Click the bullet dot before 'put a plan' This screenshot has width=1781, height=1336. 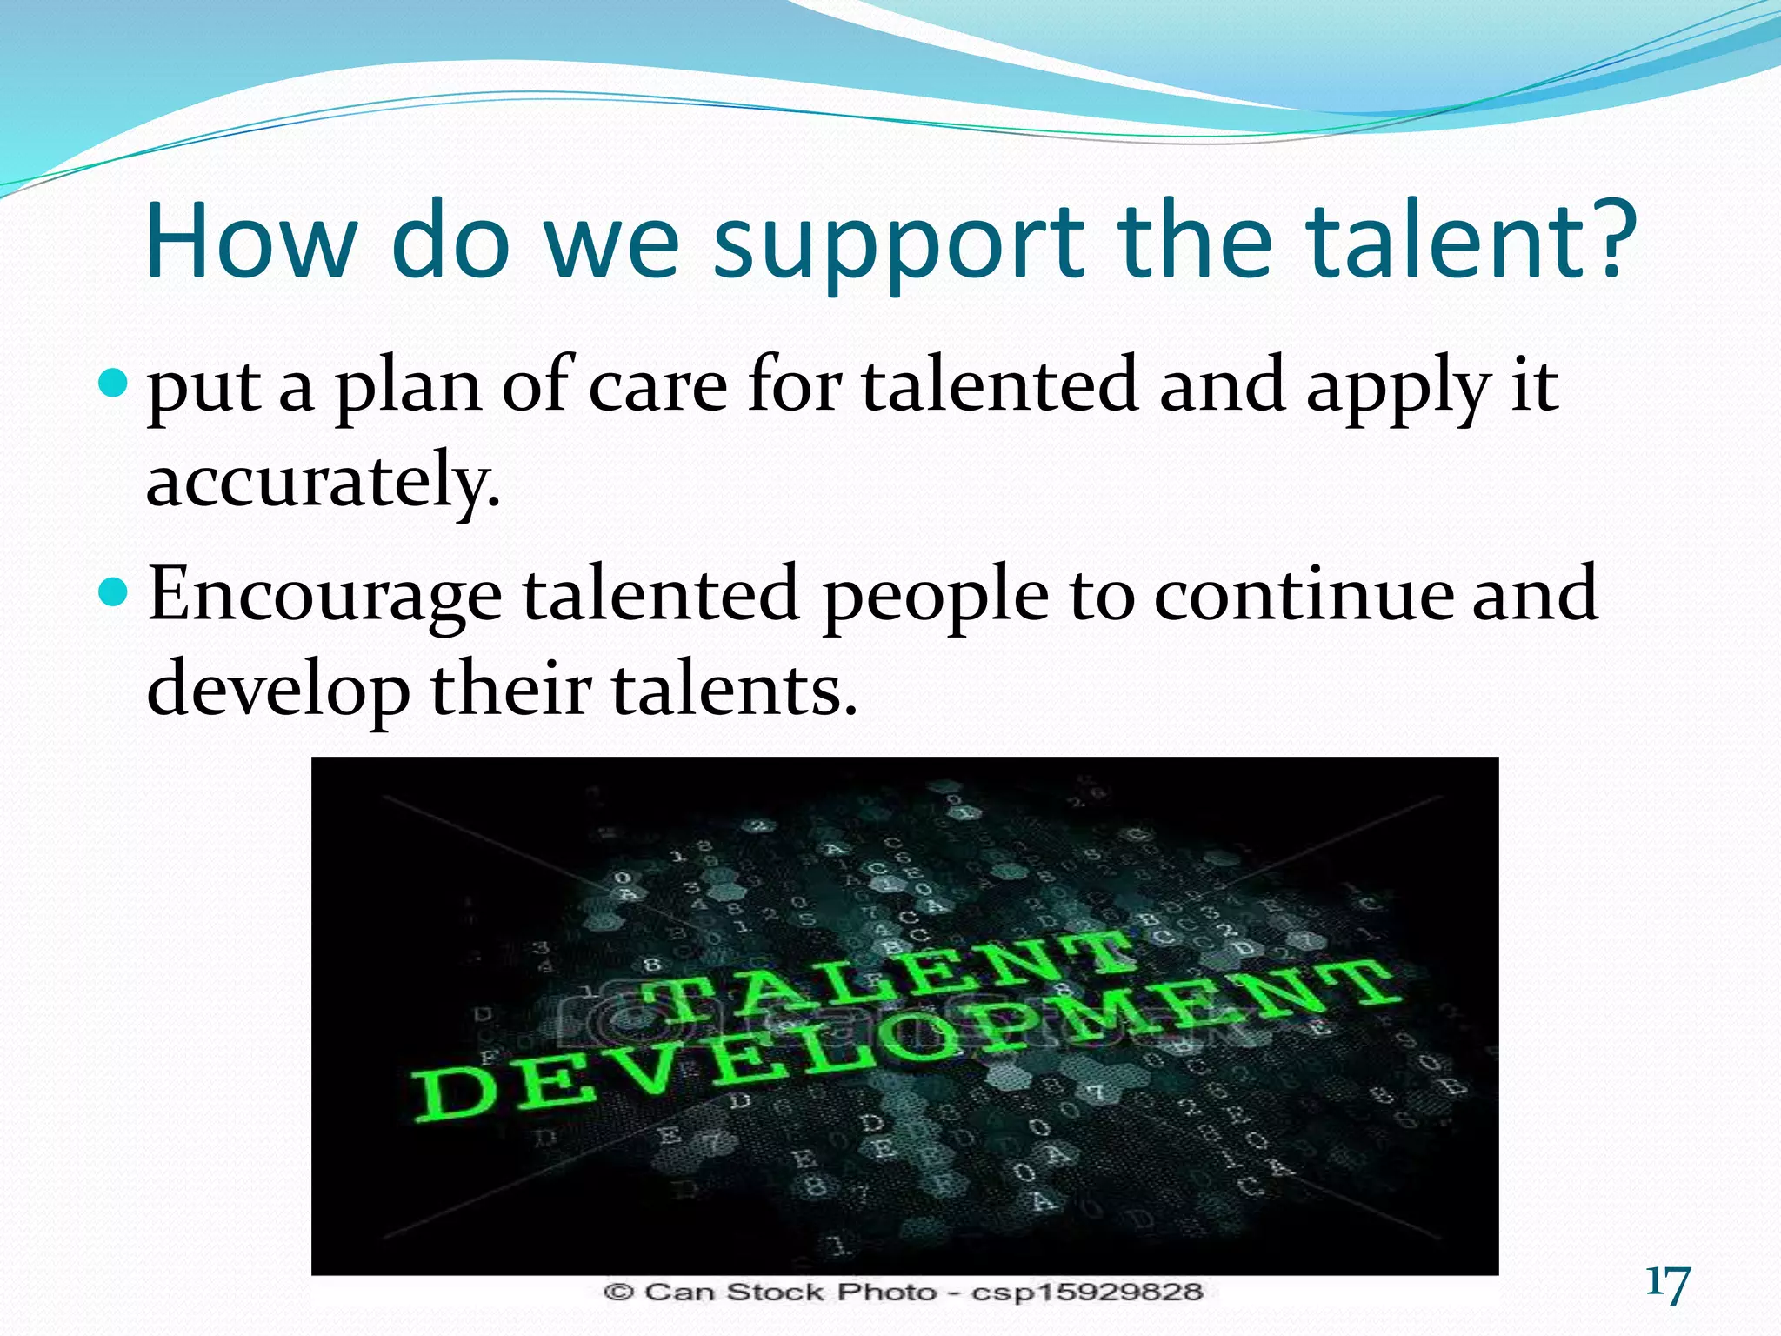tap(114, 382)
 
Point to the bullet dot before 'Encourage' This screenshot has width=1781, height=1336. tap(114, 593)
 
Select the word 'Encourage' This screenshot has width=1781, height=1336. tap(324, 596)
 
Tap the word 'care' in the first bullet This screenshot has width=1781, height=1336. tap(657, 387)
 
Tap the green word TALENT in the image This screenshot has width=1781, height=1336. tap(887, 979)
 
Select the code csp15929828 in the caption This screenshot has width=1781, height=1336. tap(1086, 1293)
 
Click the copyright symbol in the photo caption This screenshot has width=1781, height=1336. tap(617, 1293)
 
